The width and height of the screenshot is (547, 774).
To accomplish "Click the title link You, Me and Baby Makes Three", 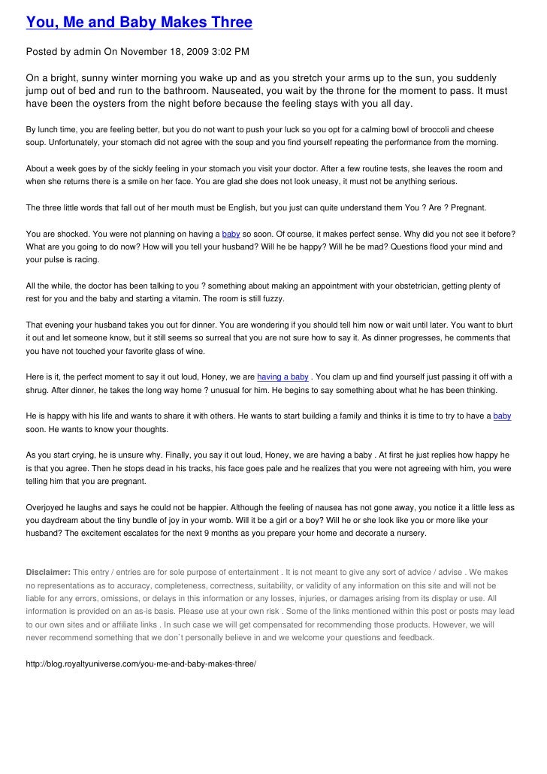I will tap(139, 22).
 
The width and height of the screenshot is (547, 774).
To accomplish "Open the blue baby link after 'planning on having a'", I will tap(231, 233).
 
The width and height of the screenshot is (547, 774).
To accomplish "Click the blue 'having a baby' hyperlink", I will tap(283, 376).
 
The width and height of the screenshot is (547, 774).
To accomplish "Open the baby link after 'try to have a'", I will tap(502, 416).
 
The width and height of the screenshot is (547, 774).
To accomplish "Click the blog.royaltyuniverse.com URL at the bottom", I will tap(141, 666).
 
